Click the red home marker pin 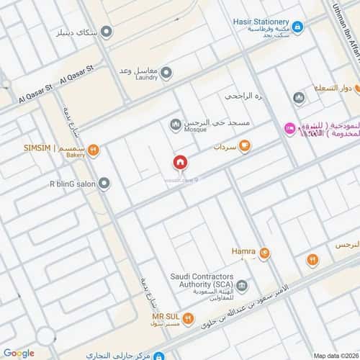tap(180, 162)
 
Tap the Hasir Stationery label tap(261, 22)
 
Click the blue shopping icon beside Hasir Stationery tap(297, 27)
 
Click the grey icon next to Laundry tap(166, 73)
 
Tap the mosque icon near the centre tap(175, 126)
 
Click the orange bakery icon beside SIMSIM tap(93, 150)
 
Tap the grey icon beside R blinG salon tap(104, 184)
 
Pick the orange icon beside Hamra tap(264, 253)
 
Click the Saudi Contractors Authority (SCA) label tap(203, 279)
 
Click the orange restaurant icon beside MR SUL tap(187, 317)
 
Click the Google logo tap(19, 353)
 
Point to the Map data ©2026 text tap(334, 355)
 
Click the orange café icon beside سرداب tap(245, 146)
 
